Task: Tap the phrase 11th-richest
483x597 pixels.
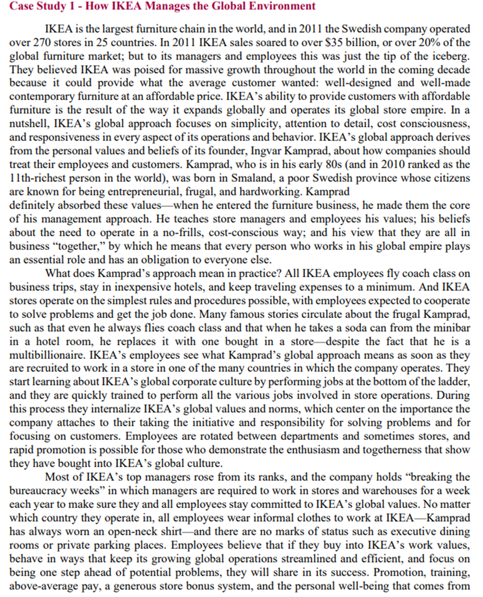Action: click(x=37, y=178)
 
